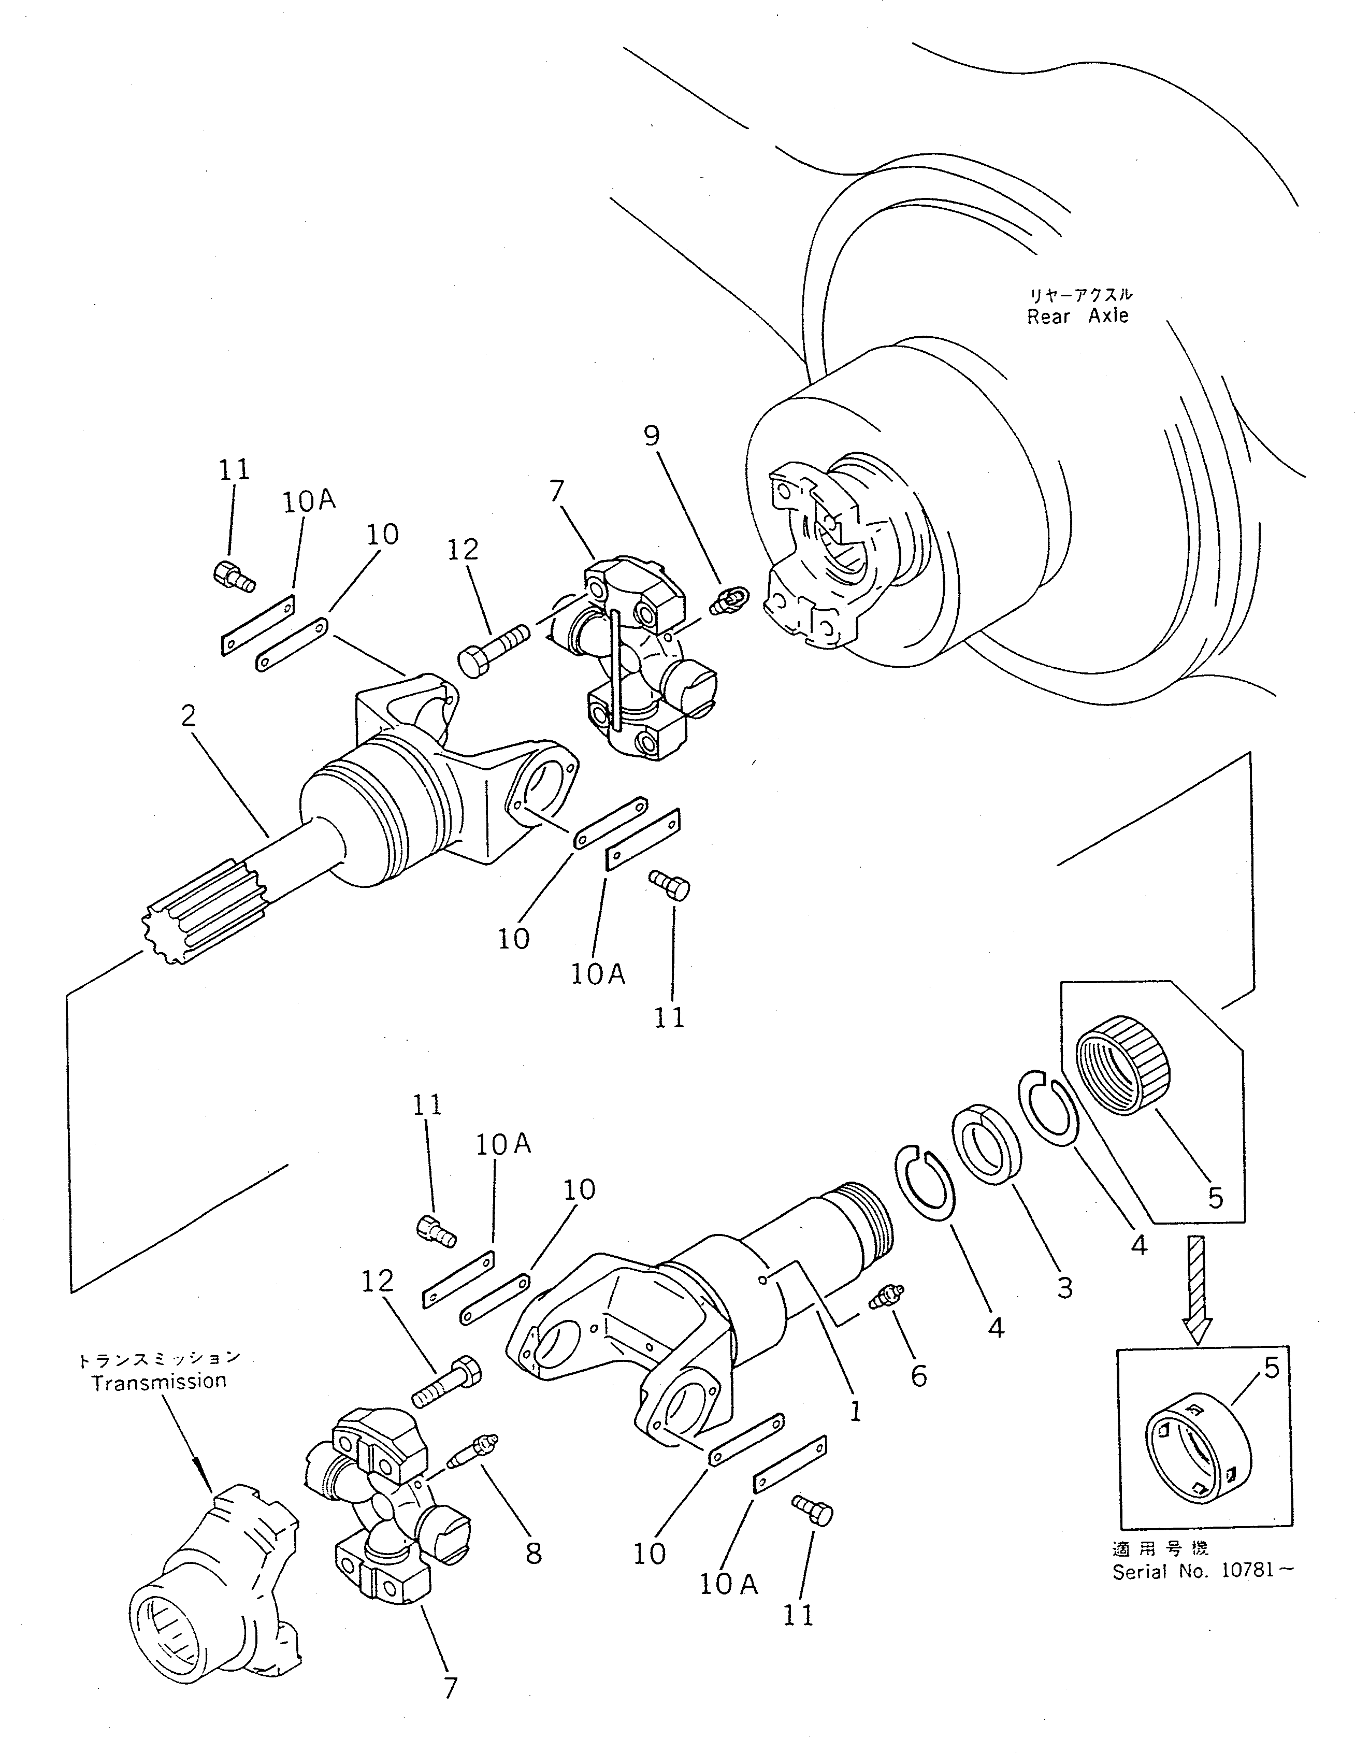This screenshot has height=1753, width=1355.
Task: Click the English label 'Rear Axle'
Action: tap(1077, 315)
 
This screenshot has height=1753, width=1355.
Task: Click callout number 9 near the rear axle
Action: tap(652, 436)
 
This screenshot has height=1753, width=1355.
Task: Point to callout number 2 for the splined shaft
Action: tap(188, 715)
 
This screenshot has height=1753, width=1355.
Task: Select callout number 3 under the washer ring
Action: tap(1064, 1287)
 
